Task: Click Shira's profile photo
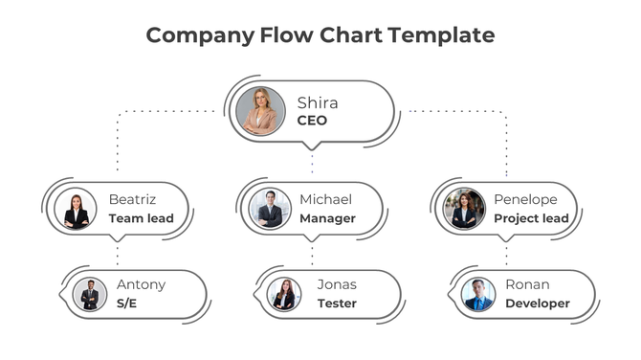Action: click(x=260, y=111)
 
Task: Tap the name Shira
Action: click(x=317, y=102)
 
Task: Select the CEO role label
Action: click(x=312, y=121)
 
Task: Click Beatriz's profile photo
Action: click(x=77, y=209)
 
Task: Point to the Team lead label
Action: click(x=141, y=218)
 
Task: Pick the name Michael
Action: click(x=325, y=200)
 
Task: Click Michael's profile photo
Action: click(x=270, y=209)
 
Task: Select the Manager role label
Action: click(x=327, y=218)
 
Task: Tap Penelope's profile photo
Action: click(x=464, y=209)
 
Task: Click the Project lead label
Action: click(x=531, y=218)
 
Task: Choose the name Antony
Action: click(x=141, y=284)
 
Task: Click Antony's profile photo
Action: click(x=90, y=294)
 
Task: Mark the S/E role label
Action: click(x=127, y=304)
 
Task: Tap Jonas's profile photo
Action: click(x=284, y=294)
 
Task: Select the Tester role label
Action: click(x=337, y=304)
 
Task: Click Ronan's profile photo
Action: click(x=477, y=294)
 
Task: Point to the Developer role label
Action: click(x=537, y=304)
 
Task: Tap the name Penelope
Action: click(x=524, y=200)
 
